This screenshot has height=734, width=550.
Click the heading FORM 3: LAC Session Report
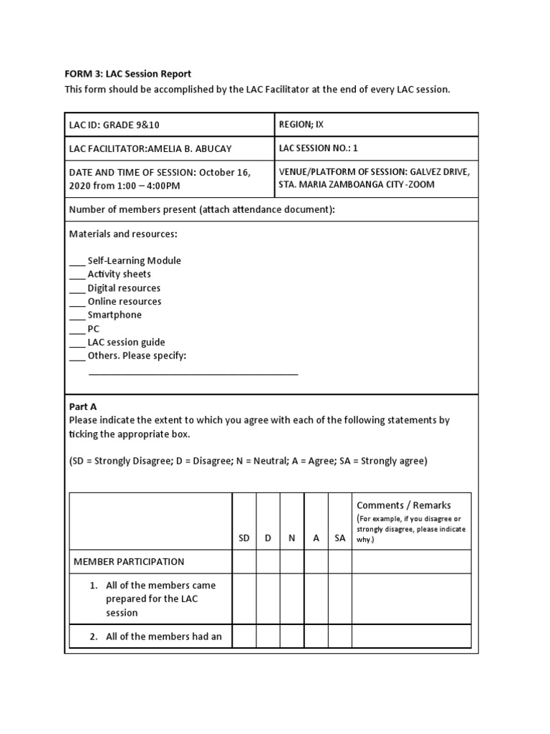[128, 74]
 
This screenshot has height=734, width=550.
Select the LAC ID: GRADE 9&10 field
[114, 125]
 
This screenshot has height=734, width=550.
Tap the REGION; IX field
[301, 124]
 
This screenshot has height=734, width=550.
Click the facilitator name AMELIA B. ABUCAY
[189, 149]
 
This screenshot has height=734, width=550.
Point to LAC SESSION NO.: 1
[317, 148]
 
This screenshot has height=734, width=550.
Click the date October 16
[223, 172]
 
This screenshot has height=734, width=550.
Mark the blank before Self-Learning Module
[77, 262]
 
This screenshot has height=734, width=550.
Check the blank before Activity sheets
[77, 275]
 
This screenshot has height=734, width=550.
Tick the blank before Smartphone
[77, 316]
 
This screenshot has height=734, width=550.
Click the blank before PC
[77, 330]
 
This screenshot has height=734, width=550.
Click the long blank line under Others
[193, 373]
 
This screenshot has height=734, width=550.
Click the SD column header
[244, 538]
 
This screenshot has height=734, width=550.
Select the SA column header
[339, 538]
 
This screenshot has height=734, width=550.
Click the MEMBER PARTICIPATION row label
[129, 562]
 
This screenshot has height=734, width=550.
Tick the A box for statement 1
[316, 599]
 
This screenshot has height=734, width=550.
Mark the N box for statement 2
[291, 636]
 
